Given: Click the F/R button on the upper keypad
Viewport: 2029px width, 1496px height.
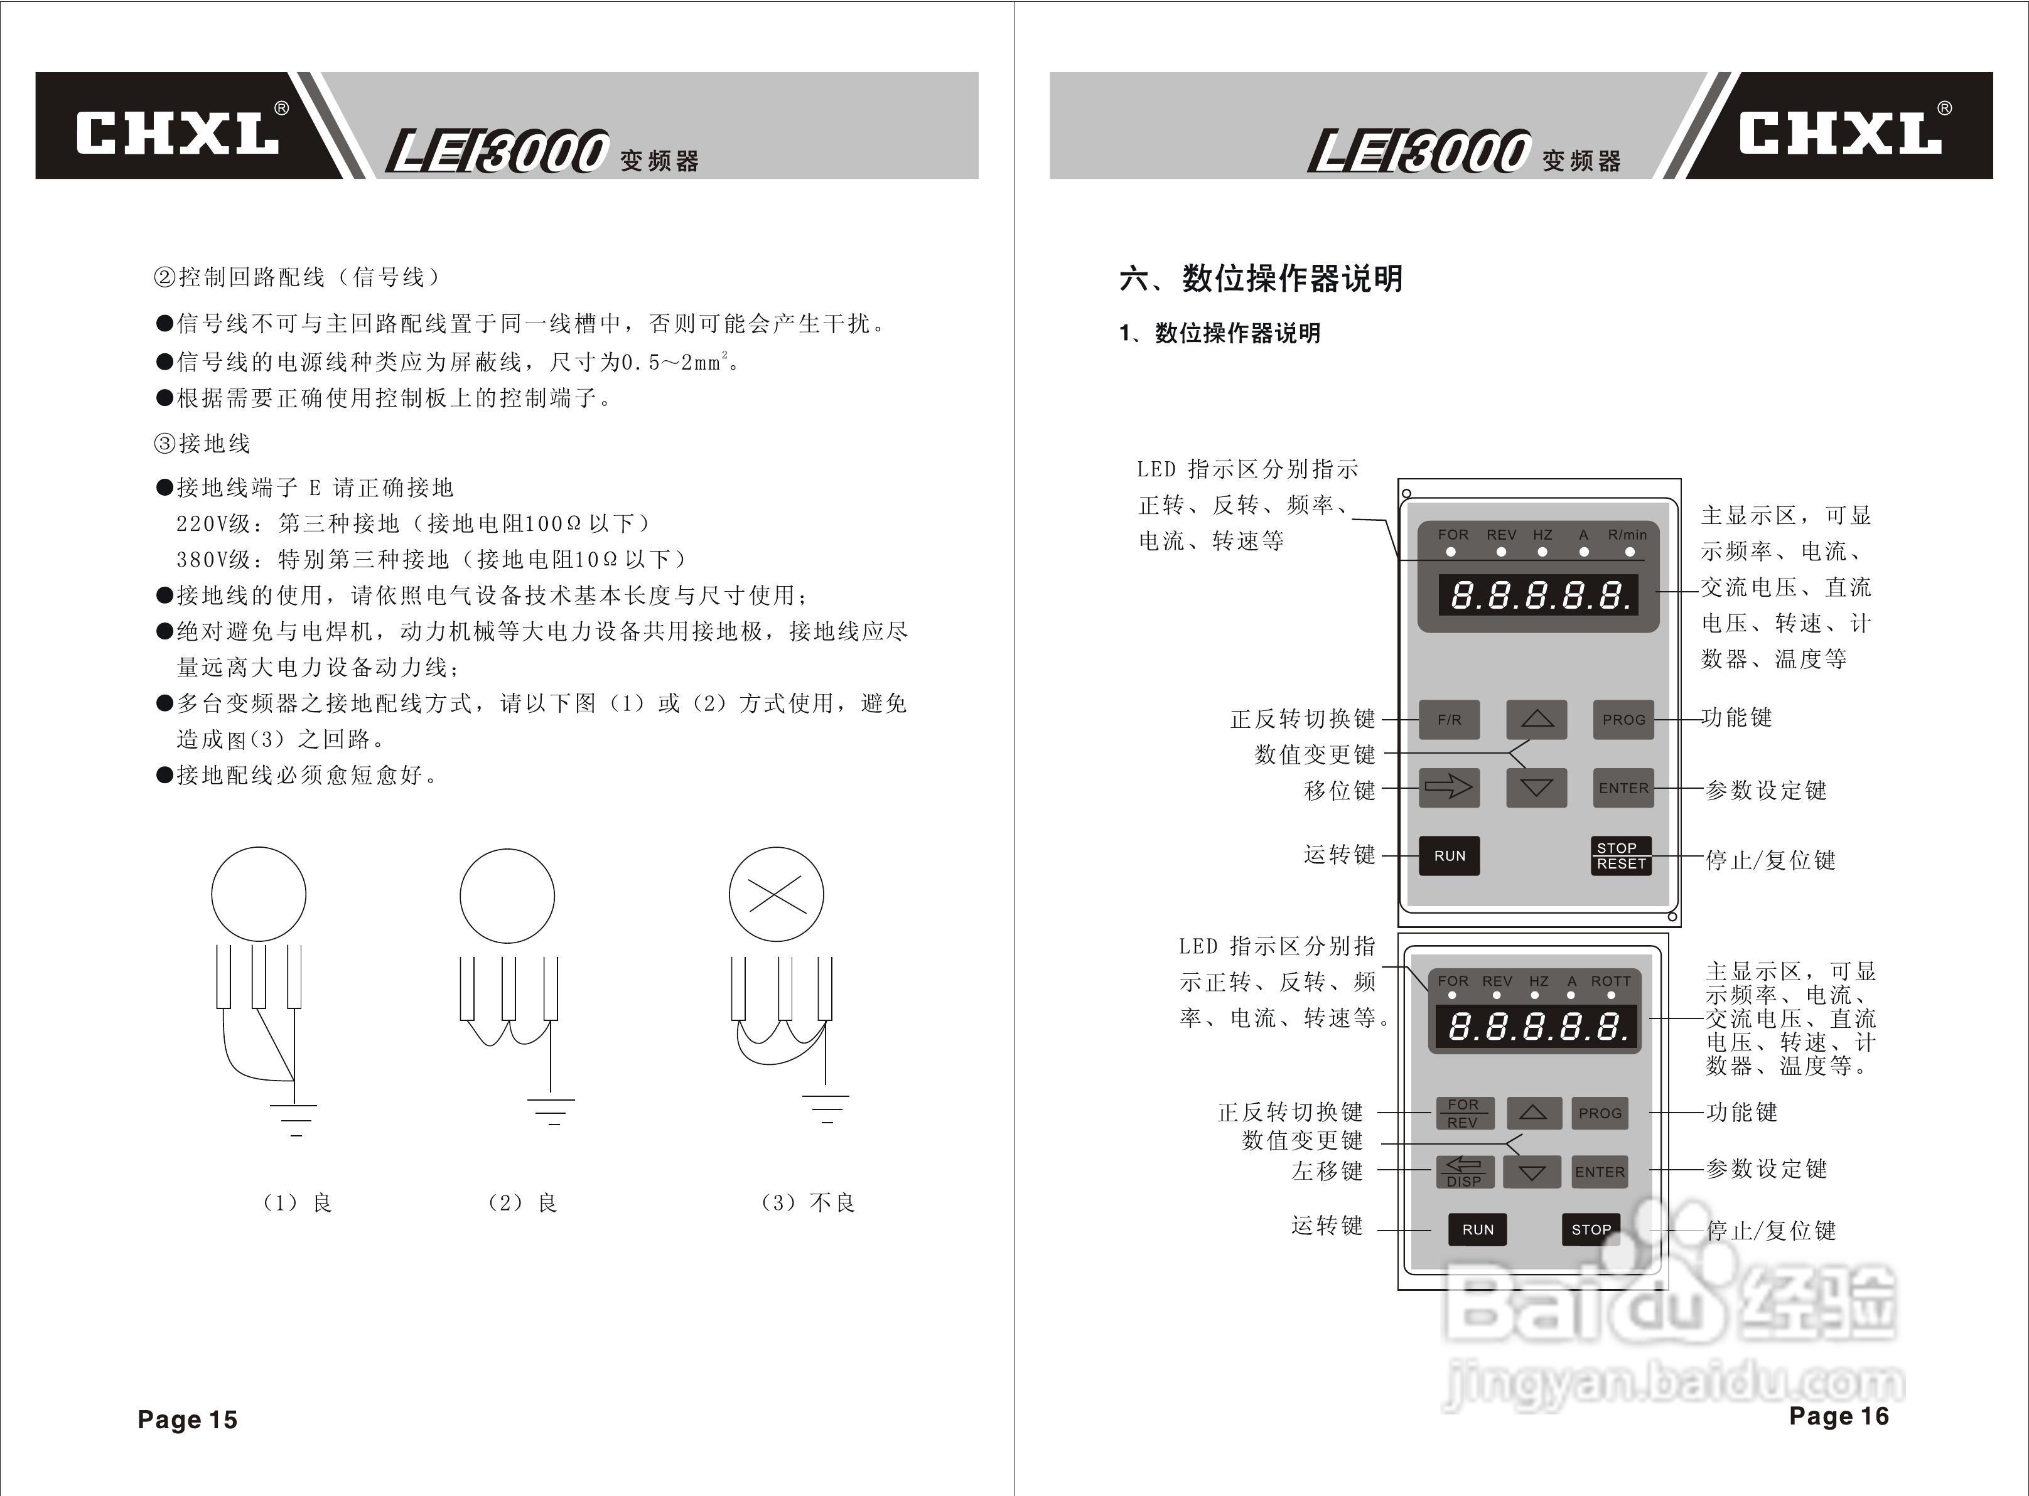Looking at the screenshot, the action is (x=1450, y=720).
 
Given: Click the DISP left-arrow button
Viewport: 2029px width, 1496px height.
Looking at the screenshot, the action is (x=1464, y=1172).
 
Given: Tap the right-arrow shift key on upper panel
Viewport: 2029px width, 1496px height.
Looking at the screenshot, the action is (x=1450, y=788).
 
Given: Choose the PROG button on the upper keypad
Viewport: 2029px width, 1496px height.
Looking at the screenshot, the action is (x=1623, y=720).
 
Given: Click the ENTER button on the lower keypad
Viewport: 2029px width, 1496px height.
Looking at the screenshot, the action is (x=1600, y=1172).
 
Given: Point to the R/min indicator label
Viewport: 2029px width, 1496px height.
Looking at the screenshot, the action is (x=1627, y=535).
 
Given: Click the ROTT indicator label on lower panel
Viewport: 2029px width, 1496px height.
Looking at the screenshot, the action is (x=1610, y=981).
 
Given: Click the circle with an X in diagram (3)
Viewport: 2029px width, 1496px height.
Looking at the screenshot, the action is (x=777, y=895).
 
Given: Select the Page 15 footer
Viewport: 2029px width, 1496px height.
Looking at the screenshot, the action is (x=188, y=1419).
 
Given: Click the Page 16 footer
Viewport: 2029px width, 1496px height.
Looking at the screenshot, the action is (x=1839, y=1416).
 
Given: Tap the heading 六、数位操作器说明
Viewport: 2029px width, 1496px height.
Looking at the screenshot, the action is (x=1261, y=278).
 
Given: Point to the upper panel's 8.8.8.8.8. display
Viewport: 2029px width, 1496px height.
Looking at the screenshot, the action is (x=1539, y=595).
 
